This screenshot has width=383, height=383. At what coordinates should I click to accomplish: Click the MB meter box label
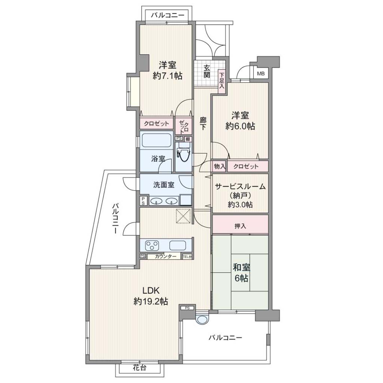point(261,74)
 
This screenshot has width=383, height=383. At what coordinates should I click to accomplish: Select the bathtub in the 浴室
point(156,141)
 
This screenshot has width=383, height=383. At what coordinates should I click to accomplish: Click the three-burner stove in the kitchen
point(152,245)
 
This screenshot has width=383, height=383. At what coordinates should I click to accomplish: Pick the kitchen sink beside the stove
point(178,245)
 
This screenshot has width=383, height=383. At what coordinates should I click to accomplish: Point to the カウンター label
point(166,257)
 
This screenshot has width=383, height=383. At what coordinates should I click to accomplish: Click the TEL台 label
point(187,257)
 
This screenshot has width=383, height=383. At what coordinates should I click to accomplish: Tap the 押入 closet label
point(240,226)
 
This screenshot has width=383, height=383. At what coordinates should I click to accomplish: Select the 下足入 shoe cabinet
point(221,80)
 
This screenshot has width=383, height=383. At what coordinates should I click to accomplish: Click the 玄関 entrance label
point(207,71)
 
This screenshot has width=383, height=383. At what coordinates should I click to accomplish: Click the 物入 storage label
point(219,166)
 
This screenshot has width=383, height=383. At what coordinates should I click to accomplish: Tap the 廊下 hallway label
point(203,123)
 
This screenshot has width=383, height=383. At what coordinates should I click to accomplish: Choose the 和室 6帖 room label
point(241,273)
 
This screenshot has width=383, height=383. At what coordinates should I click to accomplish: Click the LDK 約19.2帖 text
point(151,296)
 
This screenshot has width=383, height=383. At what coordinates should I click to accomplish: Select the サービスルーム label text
point(240,187)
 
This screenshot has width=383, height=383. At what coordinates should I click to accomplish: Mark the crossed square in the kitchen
point(183,216)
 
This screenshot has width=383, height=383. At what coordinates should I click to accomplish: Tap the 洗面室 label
point(164,185)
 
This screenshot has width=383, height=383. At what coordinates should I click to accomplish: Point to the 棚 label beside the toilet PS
point(187,139)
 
